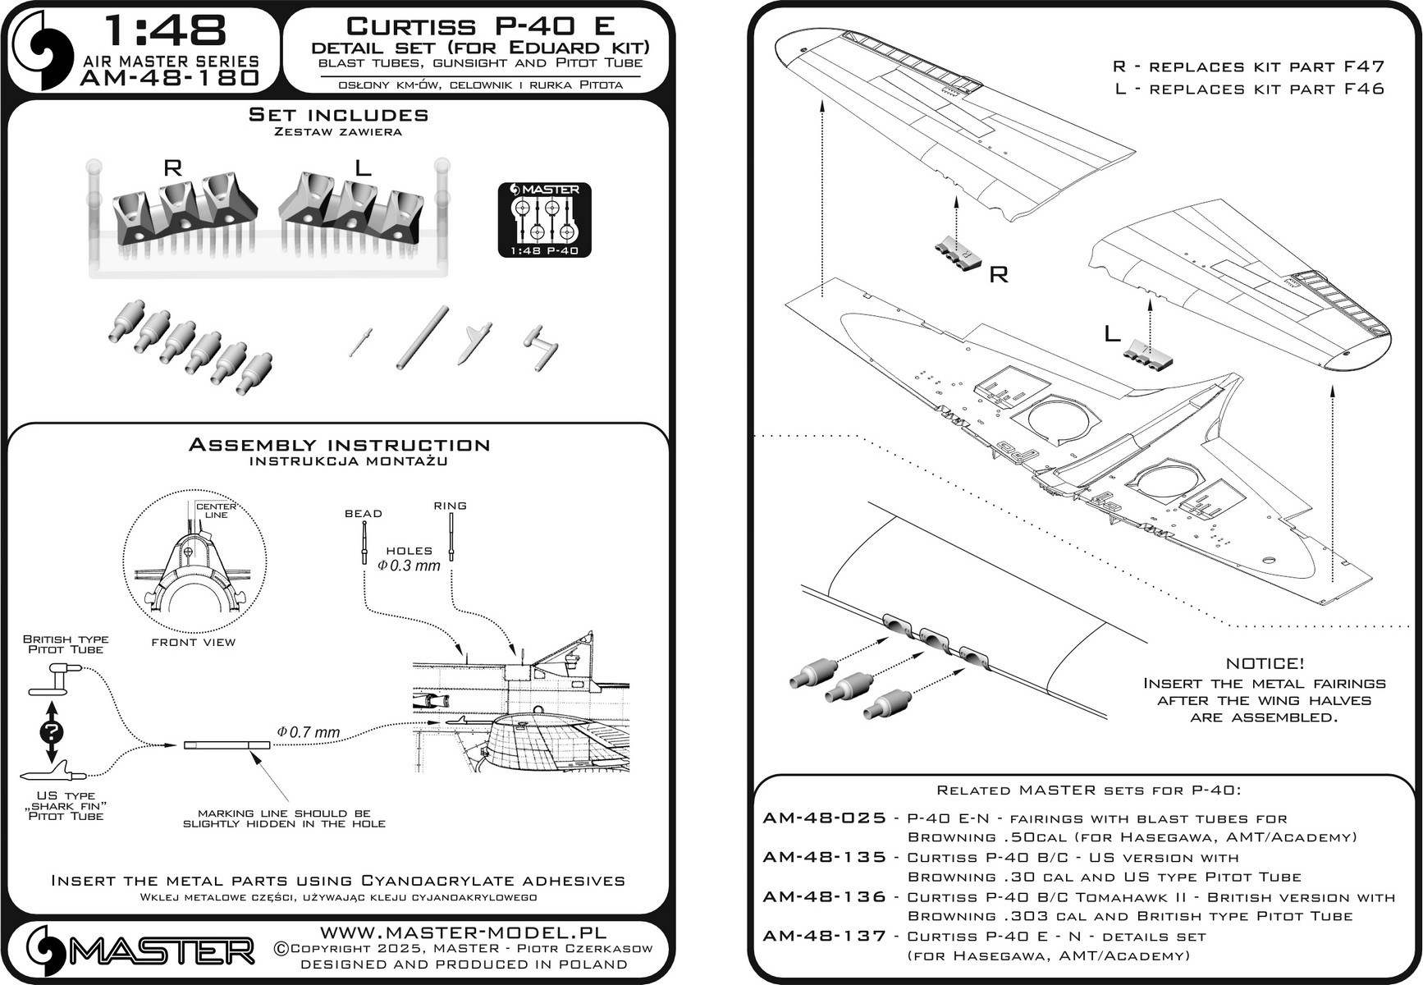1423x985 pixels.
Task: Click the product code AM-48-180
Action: [170, 78]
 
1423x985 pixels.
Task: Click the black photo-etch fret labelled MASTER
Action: [544, 219]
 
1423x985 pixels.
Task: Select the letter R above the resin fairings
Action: [172, 168]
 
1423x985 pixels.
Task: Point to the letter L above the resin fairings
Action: [363, 168]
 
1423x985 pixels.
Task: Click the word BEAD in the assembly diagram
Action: [364, 514]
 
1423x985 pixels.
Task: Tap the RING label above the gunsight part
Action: [451, 506]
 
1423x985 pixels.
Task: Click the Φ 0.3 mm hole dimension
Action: [409, 566]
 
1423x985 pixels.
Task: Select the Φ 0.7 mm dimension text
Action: [309, 732]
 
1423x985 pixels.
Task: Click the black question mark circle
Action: [51, 732]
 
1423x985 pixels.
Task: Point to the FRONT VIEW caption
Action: [194, 642]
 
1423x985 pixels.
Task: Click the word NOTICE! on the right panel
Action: [1265, 663]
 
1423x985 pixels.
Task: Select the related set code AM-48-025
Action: [824, 818]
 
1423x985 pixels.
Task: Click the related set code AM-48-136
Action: [824, 897]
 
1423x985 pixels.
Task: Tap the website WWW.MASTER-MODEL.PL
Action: [463, 933]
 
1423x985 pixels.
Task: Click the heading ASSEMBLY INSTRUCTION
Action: [339, 445]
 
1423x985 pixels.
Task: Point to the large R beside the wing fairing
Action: [999, 274]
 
